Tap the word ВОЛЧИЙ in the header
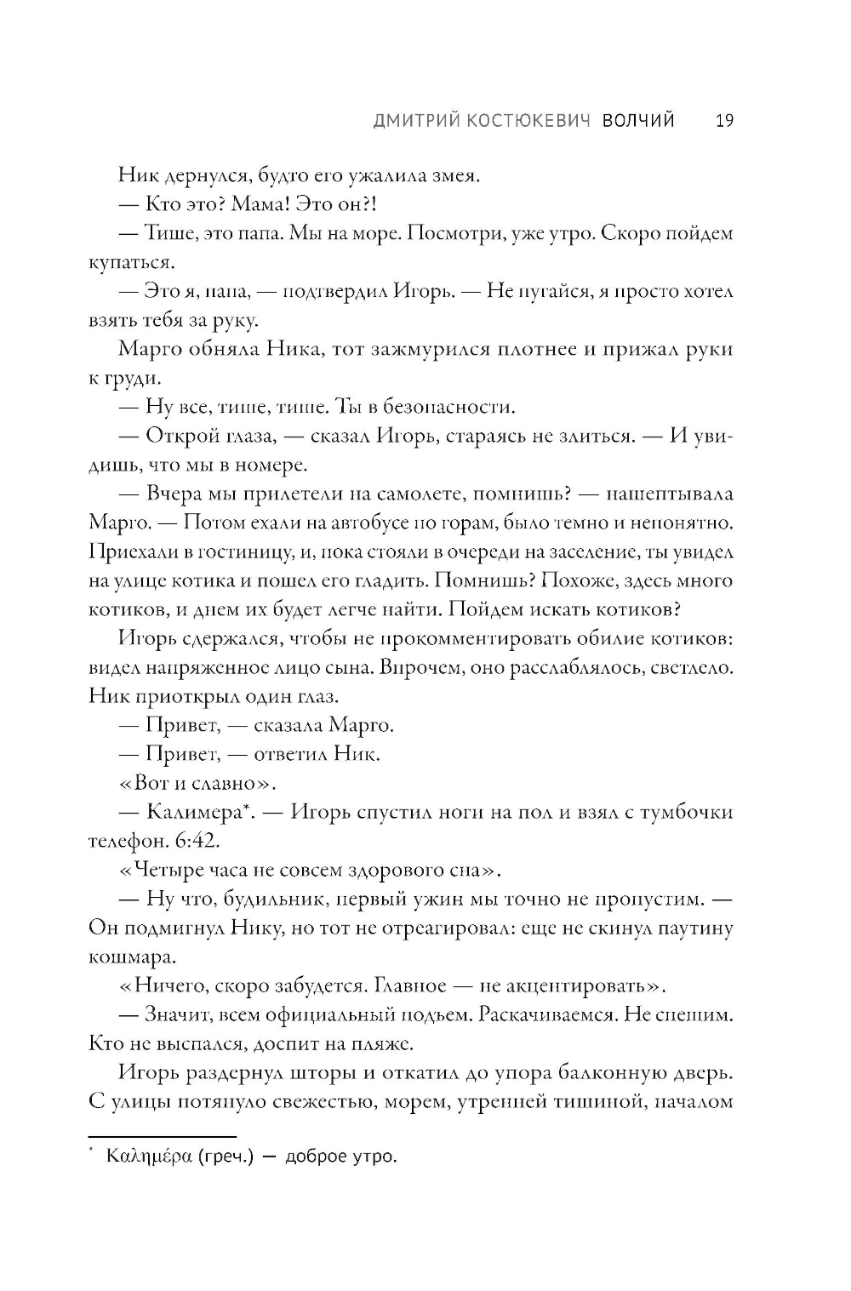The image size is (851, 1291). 638,121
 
